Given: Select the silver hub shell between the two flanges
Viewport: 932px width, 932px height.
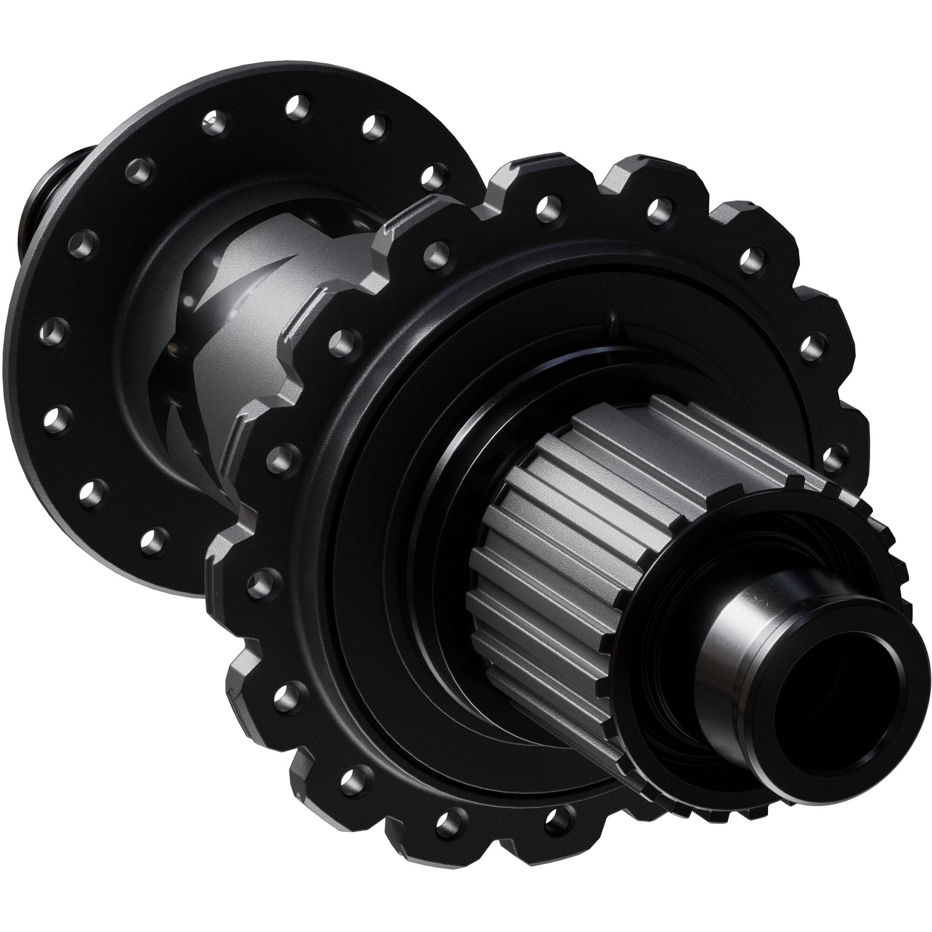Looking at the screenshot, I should pos(251,338).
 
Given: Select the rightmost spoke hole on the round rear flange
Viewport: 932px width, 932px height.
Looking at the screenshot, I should pos(434,177).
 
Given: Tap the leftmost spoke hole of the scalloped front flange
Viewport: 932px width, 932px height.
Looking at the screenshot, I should pos(261,583).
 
